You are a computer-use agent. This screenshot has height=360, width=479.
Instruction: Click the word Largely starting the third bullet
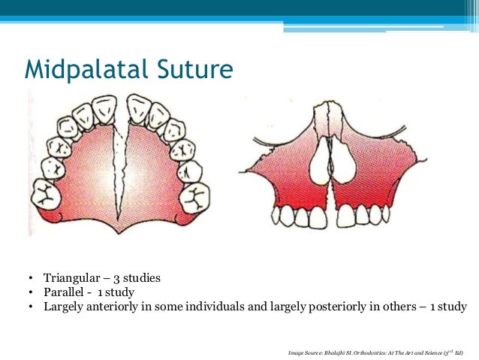(x=63, y=307)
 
